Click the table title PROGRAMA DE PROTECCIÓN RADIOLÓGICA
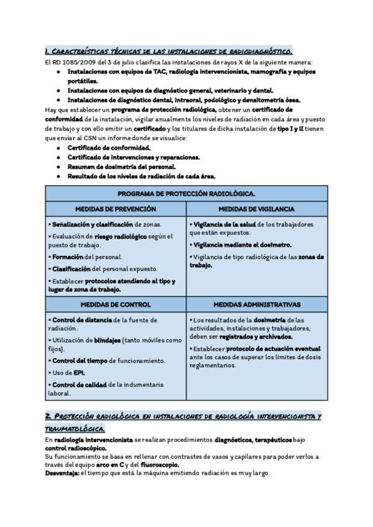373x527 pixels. coord(186,194)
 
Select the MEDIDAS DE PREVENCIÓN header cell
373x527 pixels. coord(116,209)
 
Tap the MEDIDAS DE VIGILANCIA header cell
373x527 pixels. coord(257,209)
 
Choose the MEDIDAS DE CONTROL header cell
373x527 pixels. coord(116,305)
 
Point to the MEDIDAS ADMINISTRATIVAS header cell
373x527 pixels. coord(257,305)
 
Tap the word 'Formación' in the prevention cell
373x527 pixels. coord(68,257)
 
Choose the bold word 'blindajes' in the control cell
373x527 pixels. coord(107,340)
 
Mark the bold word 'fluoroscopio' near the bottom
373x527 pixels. coord(160,465)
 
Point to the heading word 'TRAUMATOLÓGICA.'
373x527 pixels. coord(75,429)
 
